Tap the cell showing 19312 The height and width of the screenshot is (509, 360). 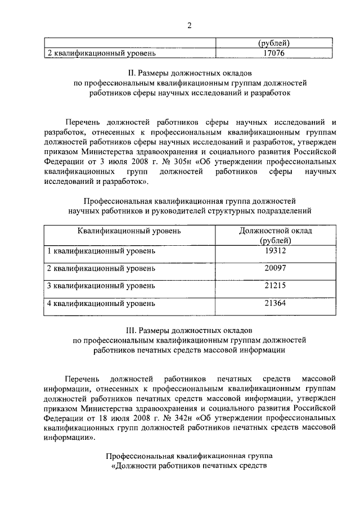tap(275, 251)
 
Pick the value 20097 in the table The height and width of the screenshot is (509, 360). tap(275, 268)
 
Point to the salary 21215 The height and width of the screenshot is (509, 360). tap(275, 286)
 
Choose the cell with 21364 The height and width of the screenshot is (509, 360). tap(275, 304)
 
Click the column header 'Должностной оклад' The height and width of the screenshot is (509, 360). tap(275, 231)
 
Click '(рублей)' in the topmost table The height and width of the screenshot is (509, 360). tap(274, 43)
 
